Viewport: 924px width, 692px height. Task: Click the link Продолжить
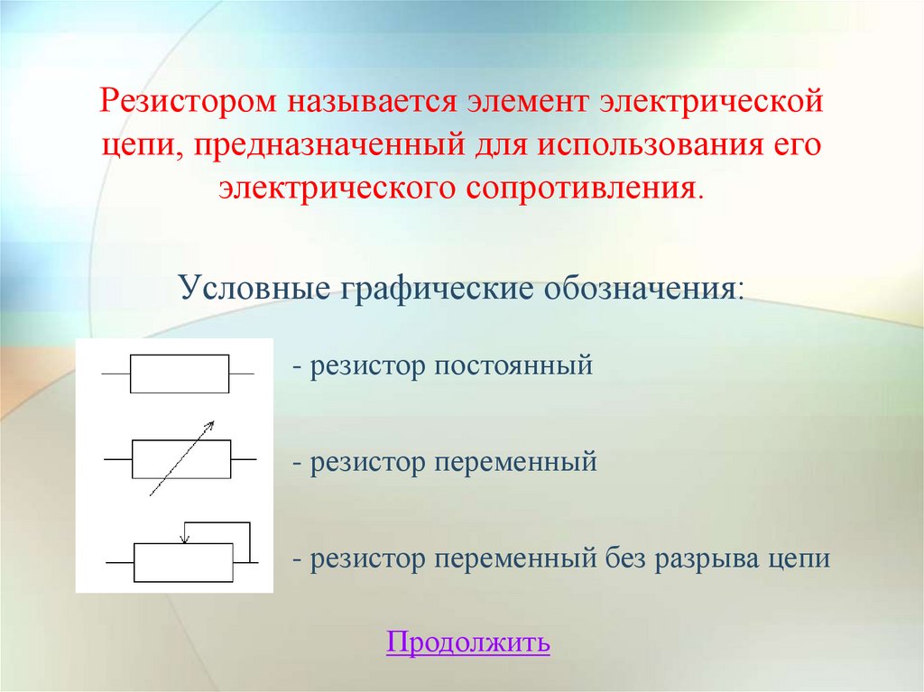(467, 642)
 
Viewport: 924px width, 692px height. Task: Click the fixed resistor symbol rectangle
(180, 374)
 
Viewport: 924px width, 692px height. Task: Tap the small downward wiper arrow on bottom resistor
(184, 539)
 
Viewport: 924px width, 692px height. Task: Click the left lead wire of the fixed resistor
(115, 374)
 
